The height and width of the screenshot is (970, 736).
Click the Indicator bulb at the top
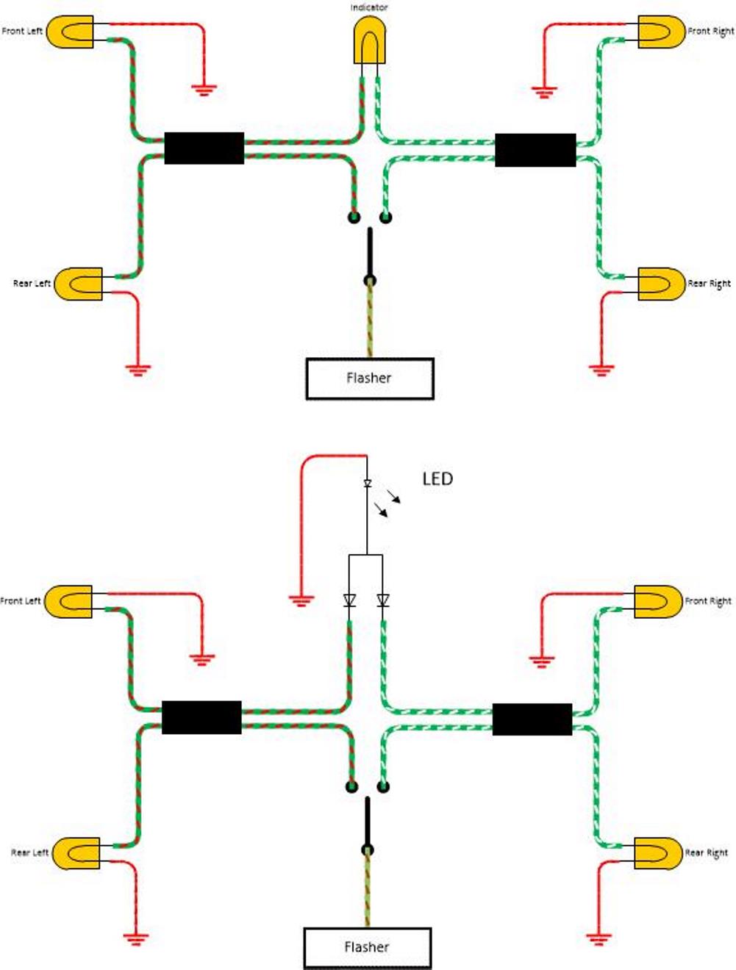(369, 40)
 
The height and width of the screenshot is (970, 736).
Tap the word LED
(437, 479)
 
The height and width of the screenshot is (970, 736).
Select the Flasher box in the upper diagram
(369, 378)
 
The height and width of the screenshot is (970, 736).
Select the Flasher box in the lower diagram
(367, 948)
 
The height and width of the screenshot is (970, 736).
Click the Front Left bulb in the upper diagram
(71, 32)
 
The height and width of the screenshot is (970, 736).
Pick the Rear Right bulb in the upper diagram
(660, 284)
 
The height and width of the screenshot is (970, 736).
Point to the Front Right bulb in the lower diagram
(658, 601)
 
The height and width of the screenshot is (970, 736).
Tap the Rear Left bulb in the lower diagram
(77, 853)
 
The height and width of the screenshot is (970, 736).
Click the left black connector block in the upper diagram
(204, 148)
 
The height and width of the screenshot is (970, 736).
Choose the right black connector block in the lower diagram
(532, 719)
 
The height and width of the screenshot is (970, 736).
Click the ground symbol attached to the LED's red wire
(301, 600)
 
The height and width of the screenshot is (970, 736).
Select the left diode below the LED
(349, 601)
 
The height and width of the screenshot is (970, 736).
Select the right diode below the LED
(382, 601)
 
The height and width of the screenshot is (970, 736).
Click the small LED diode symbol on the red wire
(367, 484)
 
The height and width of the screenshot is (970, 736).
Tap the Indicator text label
(369, 7)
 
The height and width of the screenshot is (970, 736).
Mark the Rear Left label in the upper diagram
(32, 284)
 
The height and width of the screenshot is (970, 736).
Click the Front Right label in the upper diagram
(710, 32)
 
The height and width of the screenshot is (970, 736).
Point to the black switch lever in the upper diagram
(370, 254)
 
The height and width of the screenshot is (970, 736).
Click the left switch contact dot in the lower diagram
(352, 787)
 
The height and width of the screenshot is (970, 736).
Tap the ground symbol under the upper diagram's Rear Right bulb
(601, 369)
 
